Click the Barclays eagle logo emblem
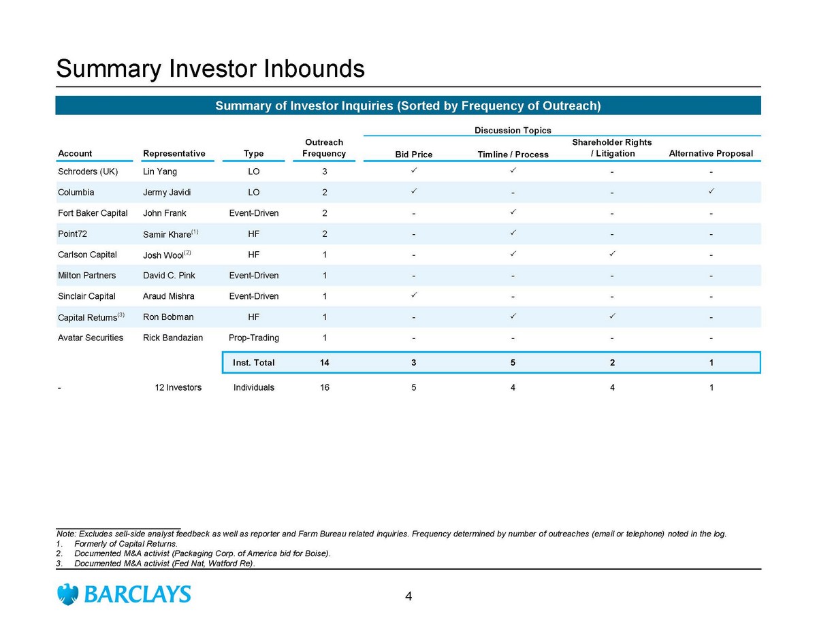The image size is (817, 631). tap(67, 594)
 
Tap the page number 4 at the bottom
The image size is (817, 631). tap(408, 596)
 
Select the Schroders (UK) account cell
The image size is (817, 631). tap(88, 172)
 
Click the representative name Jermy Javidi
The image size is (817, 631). tap(167, 193)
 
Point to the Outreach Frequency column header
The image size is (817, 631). tap(324, 148)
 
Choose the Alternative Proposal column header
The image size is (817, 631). tap(711, 153)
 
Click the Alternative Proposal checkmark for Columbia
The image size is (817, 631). tap(711, 191)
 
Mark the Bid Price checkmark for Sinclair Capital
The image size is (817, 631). tap(413, 295)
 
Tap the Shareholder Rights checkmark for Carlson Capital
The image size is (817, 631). tap(612, 254)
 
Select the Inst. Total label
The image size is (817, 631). tap(253, 363)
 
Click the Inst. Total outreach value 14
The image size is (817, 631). tap(324, 363)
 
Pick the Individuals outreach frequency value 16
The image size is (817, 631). tap(325, 387)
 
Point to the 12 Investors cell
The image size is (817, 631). tap(178, 387)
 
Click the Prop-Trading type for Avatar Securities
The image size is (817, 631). tap(254, 338)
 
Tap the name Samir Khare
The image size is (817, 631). tap(167, 235)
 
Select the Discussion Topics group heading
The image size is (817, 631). tap(513, 131)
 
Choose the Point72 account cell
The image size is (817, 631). tap(72, 233)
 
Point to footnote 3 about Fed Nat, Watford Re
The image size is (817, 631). tap(155, 564)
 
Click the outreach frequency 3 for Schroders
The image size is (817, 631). tap(325, 172)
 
